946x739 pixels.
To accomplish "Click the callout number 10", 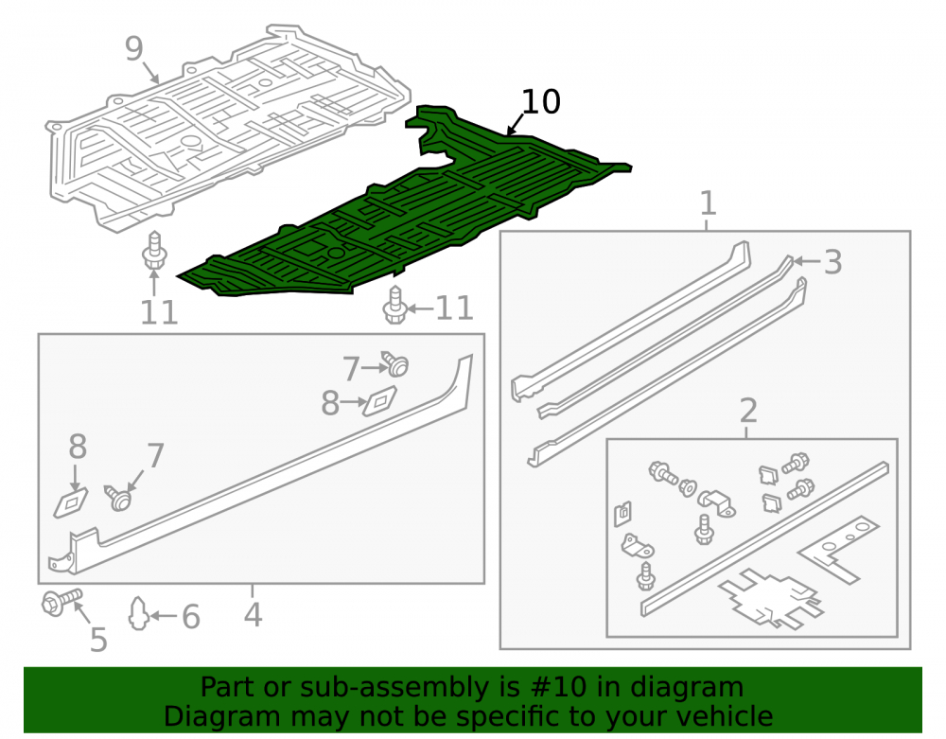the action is point(541,102).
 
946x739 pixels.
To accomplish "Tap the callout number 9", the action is point(134,48).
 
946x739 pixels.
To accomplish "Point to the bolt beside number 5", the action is point(61,602).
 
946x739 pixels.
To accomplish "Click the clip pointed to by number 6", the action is point(138,613).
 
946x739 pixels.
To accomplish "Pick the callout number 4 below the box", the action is point(253,614).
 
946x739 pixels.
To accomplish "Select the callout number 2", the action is point(748,411).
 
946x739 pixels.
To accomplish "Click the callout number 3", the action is point(833,262).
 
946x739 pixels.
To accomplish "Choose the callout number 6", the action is point(191,617).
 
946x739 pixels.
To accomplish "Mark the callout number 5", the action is point(98,640).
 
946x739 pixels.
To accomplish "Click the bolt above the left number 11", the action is point(153,251).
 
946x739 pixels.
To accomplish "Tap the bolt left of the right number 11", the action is point(394,306).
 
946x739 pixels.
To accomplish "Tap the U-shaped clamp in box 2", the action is point(716,502).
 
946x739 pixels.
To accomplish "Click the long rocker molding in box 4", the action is point(266,465).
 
